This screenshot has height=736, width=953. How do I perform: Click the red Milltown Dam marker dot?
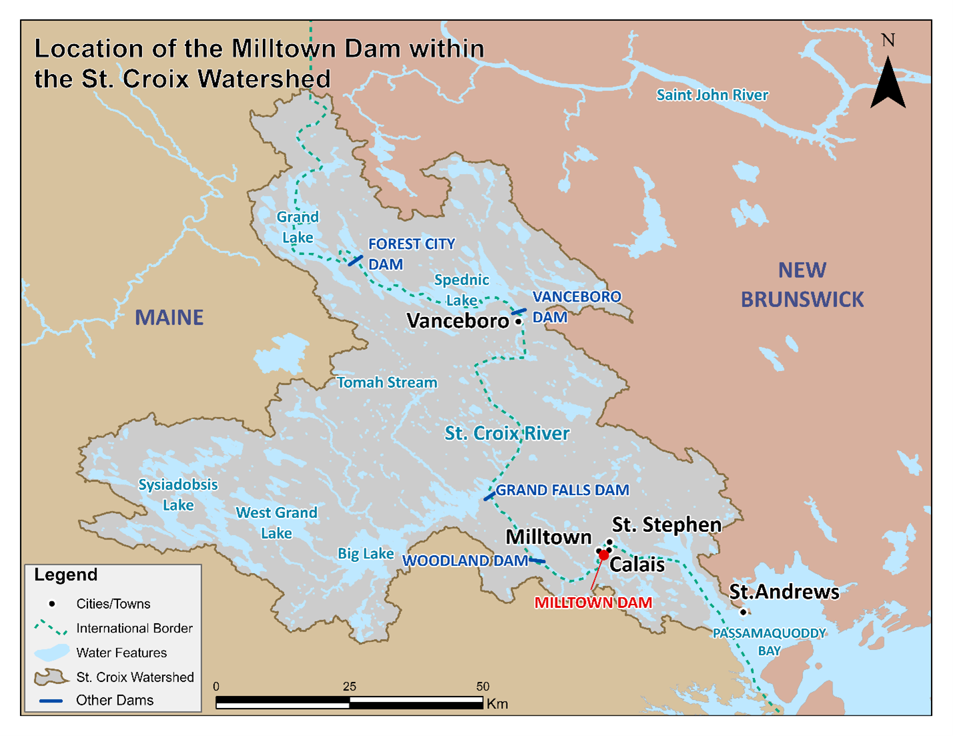[604, 555]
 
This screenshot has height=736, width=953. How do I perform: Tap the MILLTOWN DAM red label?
[593, 603]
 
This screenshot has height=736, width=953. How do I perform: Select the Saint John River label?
[712, 95]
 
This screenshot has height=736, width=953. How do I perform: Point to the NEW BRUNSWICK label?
[802, 285]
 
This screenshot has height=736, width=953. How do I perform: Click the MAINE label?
[169, 317]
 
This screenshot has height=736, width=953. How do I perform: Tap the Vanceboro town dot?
[519, 322]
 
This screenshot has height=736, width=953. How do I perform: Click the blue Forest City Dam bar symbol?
[356, 260]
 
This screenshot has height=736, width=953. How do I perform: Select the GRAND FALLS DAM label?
[562, 490]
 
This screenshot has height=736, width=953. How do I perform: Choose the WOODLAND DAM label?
[465, 561]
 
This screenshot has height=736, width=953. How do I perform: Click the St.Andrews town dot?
[743, 612]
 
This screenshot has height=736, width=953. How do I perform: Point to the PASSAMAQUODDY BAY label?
[769, 641]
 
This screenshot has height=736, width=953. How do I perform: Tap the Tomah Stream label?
[387, 382]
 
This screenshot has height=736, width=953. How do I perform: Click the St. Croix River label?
[507, 433]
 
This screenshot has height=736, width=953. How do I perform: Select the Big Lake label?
[365, 553]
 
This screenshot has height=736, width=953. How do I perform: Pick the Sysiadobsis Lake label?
[178, 494]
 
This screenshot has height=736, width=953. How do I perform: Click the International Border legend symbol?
[51, 628]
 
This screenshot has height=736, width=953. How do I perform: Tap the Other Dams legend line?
[51, 701]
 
